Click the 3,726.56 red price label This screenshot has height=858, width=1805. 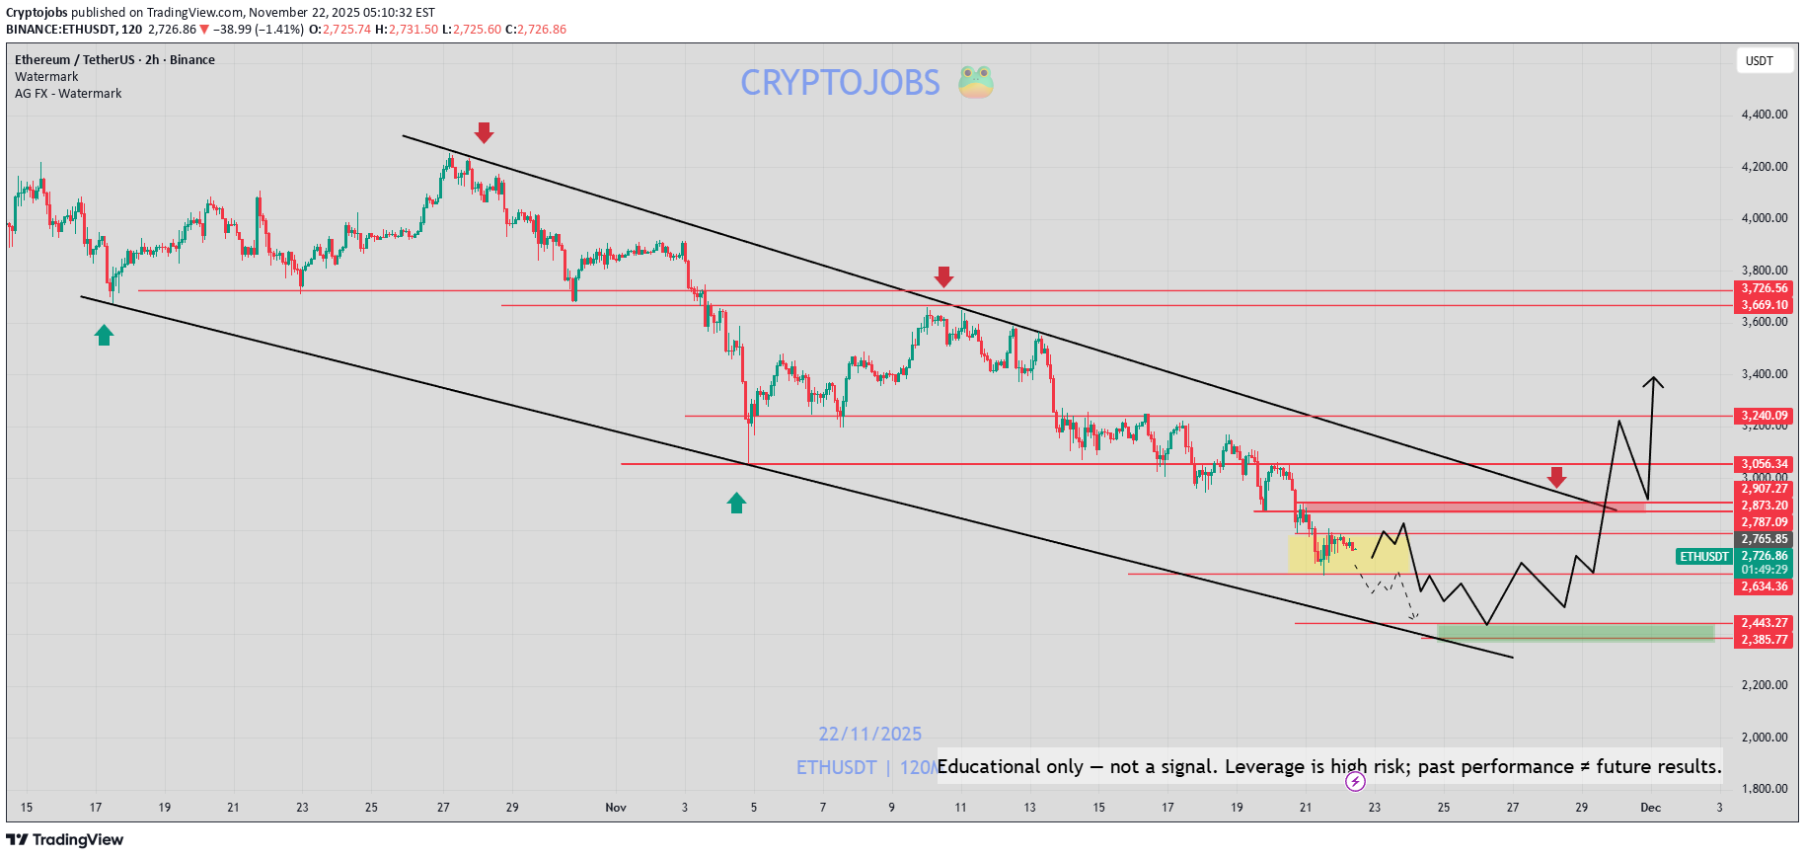(x=1764, y=288)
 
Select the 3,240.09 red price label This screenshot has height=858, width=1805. (x=1764, y=416)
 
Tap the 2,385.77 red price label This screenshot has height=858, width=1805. (x=1764, y=640)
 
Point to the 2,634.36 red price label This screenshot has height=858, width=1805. (x=1764, y=586)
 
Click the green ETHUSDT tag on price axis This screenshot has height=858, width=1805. (x=1704, y=557)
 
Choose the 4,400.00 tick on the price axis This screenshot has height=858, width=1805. (x=1764, y=115)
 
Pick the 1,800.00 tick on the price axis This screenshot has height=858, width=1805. (x=1764, y=789)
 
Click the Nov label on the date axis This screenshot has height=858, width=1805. (x=616, y=808)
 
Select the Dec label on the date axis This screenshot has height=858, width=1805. (x=1650, y=808)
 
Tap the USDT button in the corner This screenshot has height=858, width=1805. (x=1759, y=61)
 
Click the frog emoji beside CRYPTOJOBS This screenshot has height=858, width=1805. (x=975, y=82)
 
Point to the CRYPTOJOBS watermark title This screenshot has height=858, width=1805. (x=840, y=83)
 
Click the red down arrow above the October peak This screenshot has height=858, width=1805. (x=484, y=133)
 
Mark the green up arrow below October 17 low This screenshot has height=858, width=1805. (x=104, y=336)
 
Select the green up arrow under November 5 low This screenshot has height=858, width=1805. (x=736, y=503)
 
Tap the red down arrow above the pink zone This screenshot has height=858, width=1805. (x=1556, y=478)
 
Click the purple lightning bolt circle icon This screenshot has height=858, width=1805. (x=1355, y=782)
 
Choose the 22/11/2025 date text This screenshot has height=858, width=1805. (x=869, y=735)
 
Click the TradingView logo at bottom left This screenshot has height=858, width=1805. (x=65, y=840)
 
